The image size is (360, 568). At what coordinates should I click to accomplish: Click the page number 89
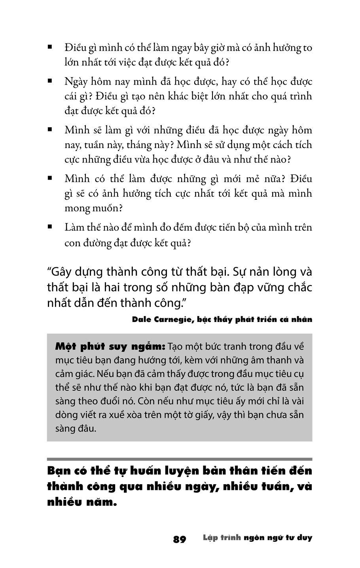pyautogui.click(x=179, y=539)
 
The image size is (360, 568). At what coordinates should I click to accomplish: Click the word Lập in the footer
pyautogui.click(x=210, y=538)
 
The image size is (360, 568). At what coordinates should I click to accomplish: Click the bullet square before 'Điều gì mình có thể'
pyautogui.click(x=50, y=47)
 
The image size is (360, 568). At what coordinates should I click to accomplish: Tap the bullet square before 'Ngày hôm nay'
pyautogui.click(x=50, y=81)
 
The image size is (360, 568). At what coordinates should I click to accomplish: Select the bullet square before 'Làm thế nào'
pyautogui.click(x=50, y=227)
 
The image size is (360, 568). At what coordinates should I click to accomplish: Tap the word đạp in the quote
pyautogui.click(x=239, y=288)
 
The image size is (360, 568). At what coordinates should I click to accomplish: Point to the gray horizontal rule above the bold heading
pyautogui.click(x=179, y=459)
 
